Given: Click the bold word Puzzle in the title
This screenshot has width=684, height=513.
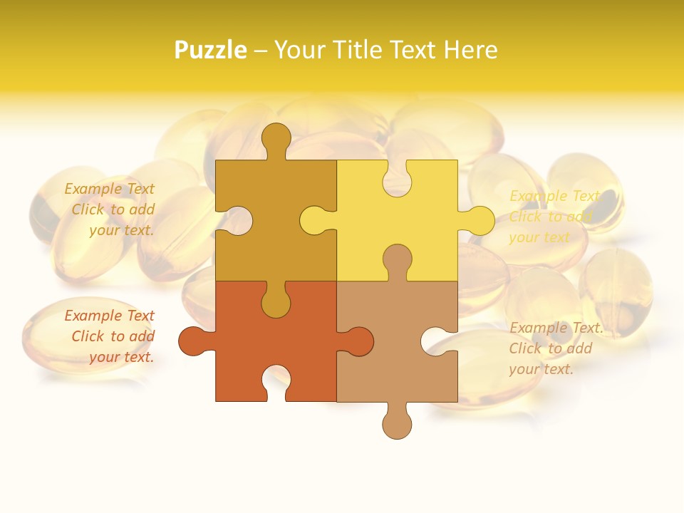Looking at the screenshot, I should pyautogui.click(x=211, y=50).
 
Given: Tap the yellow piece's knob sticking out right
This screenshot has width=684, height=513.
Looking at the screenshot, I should pyautogui.click(x=478, y=221).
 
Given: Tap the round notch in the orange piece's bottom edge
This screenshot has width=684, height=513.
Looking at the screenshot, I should pyautogui.click(x=276, y=383).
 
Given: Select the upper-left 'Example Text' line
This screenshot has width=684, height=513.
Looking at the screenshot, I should pyautogui.click(x=110, y=189).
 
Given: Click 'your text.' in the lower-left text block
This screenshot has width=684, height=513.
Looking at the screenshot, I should pyautogui.click(x=121, y=357).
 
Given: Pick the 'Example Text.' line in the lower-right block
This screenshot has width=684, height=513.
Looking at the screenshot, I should pyautogui.click(x=556, y=328).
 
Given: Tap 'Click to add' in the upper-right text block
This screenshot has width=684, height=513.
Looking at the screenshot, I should pyautogui.click(x=551, y=217).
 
